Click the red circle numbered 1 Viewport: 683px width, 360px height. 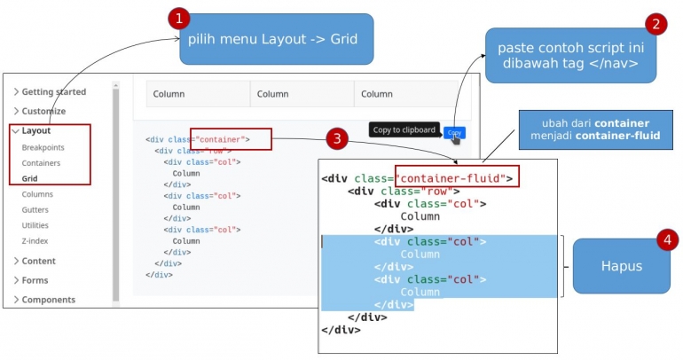click(179, 19)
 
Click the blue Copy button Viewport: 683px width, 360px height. click(455, 133)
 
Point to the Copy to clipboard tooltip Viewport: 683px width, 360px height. click(404, 129)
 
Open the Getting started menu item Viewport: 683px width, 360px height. click(53, 92)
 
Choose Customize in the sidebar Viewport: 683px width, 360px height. click(43, 112)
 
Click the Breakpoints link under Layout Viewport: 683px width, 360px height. click(43, 147)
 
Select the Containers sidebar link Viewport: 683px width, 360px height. click(41, 163)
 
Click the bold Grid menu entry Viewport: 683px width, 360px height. click(30, 178)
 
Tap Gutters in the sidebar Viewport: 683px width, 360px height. click(35, 210)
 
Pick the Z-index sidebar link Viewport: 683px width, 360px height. click(35, 240)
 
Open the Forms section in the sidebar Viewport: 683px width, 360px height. click(35, 280)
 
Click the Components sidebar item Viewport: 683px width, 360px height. click(48, 300)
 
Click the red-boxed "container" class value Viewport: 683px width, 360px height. click(222, 139)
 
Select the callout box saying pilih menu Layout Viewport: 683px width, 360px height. click(277, 40)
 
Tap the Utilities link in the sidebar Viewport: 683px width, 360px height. click(35, 225)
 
